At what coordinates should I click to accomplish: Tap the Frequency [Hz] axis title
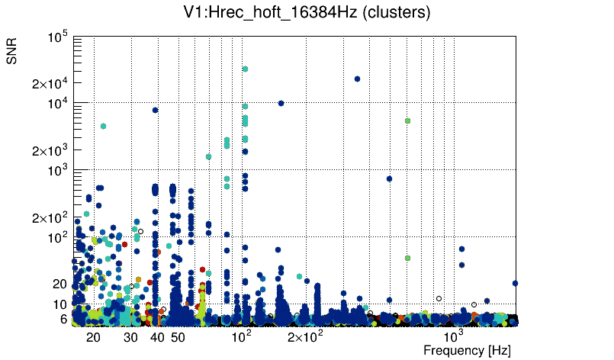pyautogui.click(x=467, y=350)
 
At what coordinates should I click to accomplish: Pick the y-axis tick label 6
pyautogui.click(x=64, y=320)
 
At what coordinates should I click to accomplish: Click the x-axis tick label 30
pyautogui.click(x=130, y=337)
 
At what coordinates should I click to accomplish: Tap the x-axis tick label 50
pyautogui.click(x=177, y=337)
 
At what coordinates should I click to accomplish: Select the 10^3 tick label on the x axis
pyautogui.click(x=454, y=336)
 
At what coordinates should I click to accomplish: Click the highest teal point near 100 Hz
pyautogui.click(x=245, y=69)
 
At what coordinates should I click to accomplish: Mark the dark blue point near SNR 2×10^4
pyautogui.click(x=357, y=79)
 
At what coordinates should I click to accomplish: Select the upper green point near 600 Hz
pyautogui.click(x=408, y=121)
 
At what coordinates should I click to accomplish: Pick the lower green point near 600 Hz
pyautogui.click(x=408, y=259)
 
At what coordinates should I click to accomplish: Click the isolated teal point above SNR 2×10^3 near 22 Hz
pyautogui.click(x=103, y=126)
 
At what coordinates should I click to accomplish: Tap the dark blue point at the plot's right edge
pyautogui.click(x=516, y=283)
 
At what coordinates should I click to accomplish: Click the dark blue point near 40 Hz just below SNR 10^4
pyautogui.click(x=155, y=110)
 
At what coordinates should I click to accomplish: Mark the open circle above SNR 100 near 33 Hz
pyautogui.click(x=140, y=231)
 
